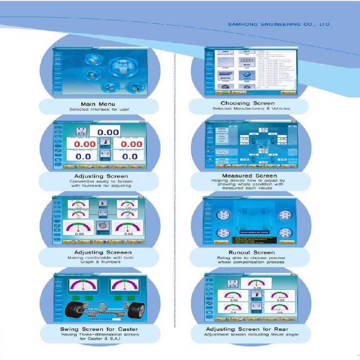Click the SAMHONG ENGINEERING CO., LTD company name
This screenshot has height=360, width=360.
coord(279,24)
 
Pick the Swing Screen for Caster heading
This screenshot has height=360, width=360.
coord(99,329)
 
